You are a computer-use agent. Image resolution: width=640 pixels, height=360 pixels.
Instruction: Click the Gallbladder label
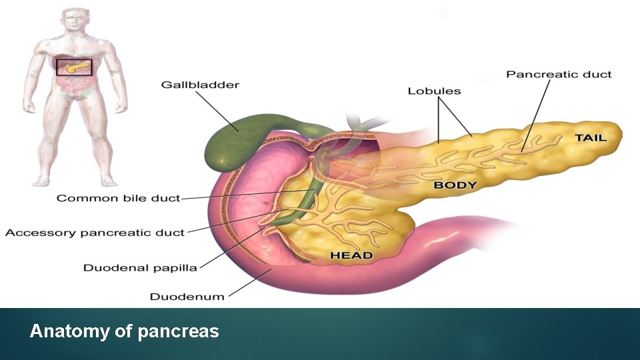click(x=200, y=85)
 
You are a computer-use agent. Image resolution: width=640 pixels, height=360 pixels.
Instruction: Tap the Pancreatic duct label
click(x=559, y=74)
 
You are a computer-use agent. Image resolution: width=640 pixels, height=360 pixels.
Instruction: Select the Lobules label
click(x=434, y=90)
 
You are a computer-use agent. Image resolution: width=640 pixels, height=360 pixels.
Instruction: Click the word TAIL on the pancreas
click(x=591, y=138)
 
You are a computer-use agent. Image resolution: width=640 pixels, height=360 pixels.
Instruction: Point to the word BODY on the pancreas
click(x=455, y=185)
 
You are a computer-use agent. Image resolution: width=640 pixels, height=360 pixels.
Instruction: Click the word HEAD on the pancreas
click(x=351, y=255)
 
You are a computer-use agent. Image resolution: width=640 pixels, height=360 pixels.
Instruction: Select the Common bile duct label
click(x=118, y=198)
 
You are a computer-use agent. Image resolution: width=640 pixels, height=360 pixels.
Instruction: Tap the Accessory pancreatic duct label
click(x=95, y=233)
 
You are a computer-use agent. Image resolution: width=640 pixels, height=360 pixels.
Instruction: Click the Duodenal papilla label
click(x=140, y=267)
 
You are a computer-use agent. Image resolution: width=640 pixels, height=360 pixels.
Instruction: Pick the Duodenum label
click(x=187, y=296)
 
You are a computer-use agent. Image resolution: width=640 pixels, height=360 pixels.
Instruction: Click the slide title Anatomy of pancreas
click(x=124, y=331)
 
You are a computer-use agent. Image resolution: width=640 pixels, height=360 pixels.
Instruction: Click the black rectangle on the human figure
click(x=74, y=67)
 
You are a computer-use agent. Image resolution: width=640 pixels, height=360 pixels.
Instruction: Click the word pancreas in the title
click(x=178, y=331)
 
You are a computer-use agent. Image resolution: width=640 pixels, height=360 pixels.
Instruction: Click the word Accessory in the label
click(x=41, y=233)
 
